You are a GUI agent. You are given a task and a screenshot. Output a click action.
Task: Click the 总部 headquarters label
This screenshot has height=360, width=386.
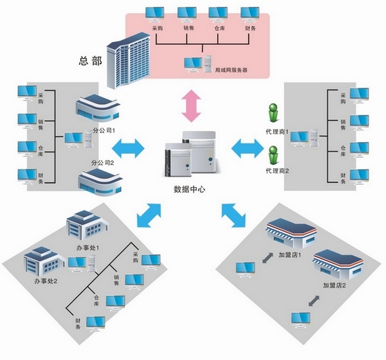tap(90, 61)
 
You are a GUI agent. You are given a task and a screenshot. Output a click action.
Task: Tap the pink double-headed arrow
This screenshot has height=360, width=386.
tap(192, 106)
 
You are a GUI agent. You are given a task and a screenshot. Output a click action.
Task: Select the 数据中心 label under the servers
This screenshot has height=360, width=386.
tap(190, 189)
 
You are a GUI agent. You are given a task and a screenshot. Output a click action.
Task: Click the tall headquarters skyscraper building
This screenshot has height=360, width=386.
tap(128, 61)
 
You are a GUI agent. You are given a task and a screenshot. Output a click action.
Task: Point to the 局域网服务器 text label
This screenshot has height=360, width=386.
tap(231, 70)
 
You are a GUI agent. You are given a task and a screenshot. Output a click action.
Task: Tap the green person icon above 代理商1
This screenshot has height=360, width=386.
tap(273, 113)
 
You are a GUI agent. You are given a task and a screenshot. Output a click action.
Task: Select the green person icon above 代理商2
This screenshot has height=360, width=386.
tap(273, 155)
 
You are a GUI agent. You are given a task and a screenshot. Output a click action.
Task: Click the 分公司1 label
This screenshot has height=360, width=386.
tap(103, 130)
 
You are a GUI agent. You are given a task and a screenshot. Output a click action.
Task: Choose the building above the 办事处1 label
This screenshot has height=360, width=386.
tap(87, 225)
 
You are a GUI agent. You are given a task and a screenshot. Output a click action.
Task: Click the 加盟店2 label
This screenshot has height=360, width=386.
tap(334, 286)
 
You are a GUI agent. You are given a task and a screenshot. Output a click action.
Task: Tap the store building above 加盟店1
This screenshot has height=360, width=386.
tap(291, 232)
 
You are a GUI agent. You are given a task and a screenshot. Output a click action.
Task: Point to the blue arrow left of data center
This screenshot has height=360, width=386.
tap(128, 148)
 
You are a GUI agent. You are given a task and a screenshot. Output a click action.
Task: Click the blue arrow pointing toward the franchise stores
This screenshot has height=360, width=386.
tap(234, 215)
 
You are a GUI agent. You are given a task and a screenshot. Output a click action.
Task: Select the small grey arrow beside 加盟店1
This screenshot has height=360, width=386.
tap(267, 258)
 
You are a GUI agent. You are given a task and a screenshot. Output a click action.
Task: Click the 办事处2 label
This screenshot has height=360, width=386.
tap(45, 281)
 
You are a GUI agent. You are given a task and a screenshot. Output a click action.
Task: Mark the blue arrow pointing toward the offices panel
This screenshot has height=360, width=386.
tap(149, 215)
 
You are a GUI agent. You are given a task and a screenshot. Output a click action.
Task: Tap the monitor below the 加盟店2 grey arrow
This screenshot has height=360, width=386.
tap(301, 320)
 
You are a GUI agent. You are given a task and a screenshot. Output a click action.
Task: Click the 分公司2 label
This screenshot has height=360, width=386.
tap(103, 163)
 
